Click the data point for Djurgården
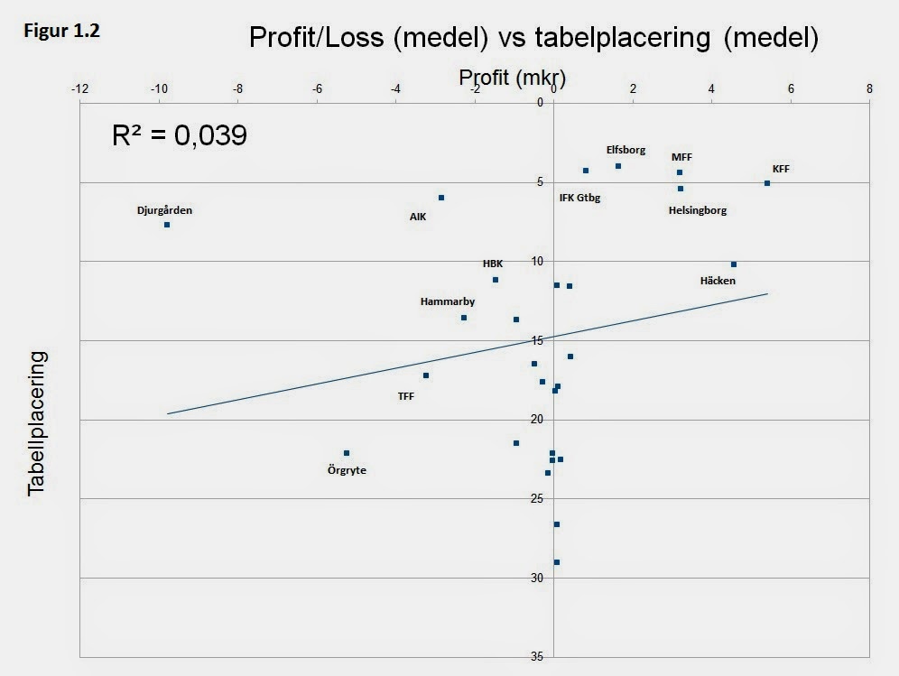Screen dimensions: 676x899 click(167, 224)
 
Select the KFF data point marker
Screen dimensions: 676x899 click(767, 183)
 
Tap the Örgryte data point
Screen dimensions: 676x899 click(347, 453)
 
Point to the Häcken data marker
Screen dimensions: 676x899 click(734, 264)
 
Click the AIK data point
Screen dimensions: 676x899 click(441, 198)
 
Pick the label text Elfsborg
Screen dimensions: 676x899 click(626, 150)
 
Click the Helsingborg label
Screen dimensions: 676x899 click(697, 210)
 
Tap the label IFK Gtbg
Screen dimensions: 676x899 click(579, 198)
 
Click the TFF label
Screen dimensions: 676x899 click(406, 395)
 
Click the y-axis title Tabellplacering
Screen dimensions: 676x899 click(36, 423)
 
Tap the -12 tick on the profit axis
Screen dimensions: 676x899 click(79, 88)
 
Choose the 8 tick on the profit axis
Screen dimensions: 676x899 click(869, 88)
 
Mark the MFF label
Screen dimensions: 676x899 click(681, 157)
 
